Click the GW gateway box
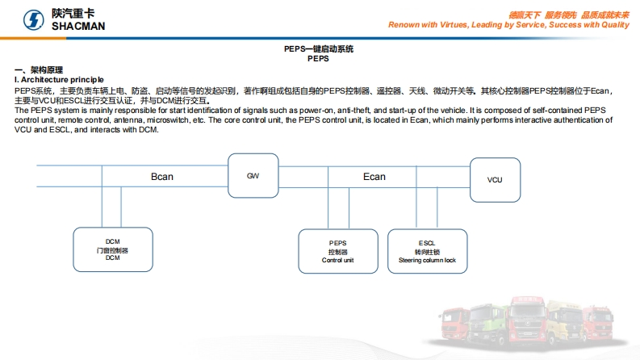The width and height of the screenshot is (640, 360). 253,175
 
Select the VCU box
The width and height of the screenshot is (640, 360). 494,179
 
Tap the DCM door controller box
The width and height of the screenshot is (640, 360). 112,250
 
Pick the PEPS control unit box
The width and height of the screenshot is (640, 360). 337,251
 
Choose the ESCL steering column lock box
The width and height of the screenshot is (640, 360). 427,251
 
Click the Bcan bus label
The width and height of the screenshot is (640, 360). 161,176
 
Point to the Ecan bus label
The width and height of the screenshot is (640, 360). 374,176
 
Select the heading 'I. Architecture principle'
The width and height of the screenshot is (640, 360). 59,79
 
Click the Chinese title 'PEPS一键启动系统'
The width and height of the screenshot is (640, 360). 319,49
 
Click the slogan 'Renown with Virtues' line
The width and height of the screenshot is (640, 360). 508,25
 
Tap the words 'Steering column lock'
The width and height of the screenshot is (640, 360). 427,261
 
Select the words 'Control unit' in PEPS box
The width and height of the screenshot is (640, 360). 337,261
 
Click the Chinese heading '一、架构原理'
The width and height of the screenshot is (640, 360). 39,70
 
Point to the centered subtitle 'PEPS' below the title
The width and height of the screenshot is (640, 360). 319,59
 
